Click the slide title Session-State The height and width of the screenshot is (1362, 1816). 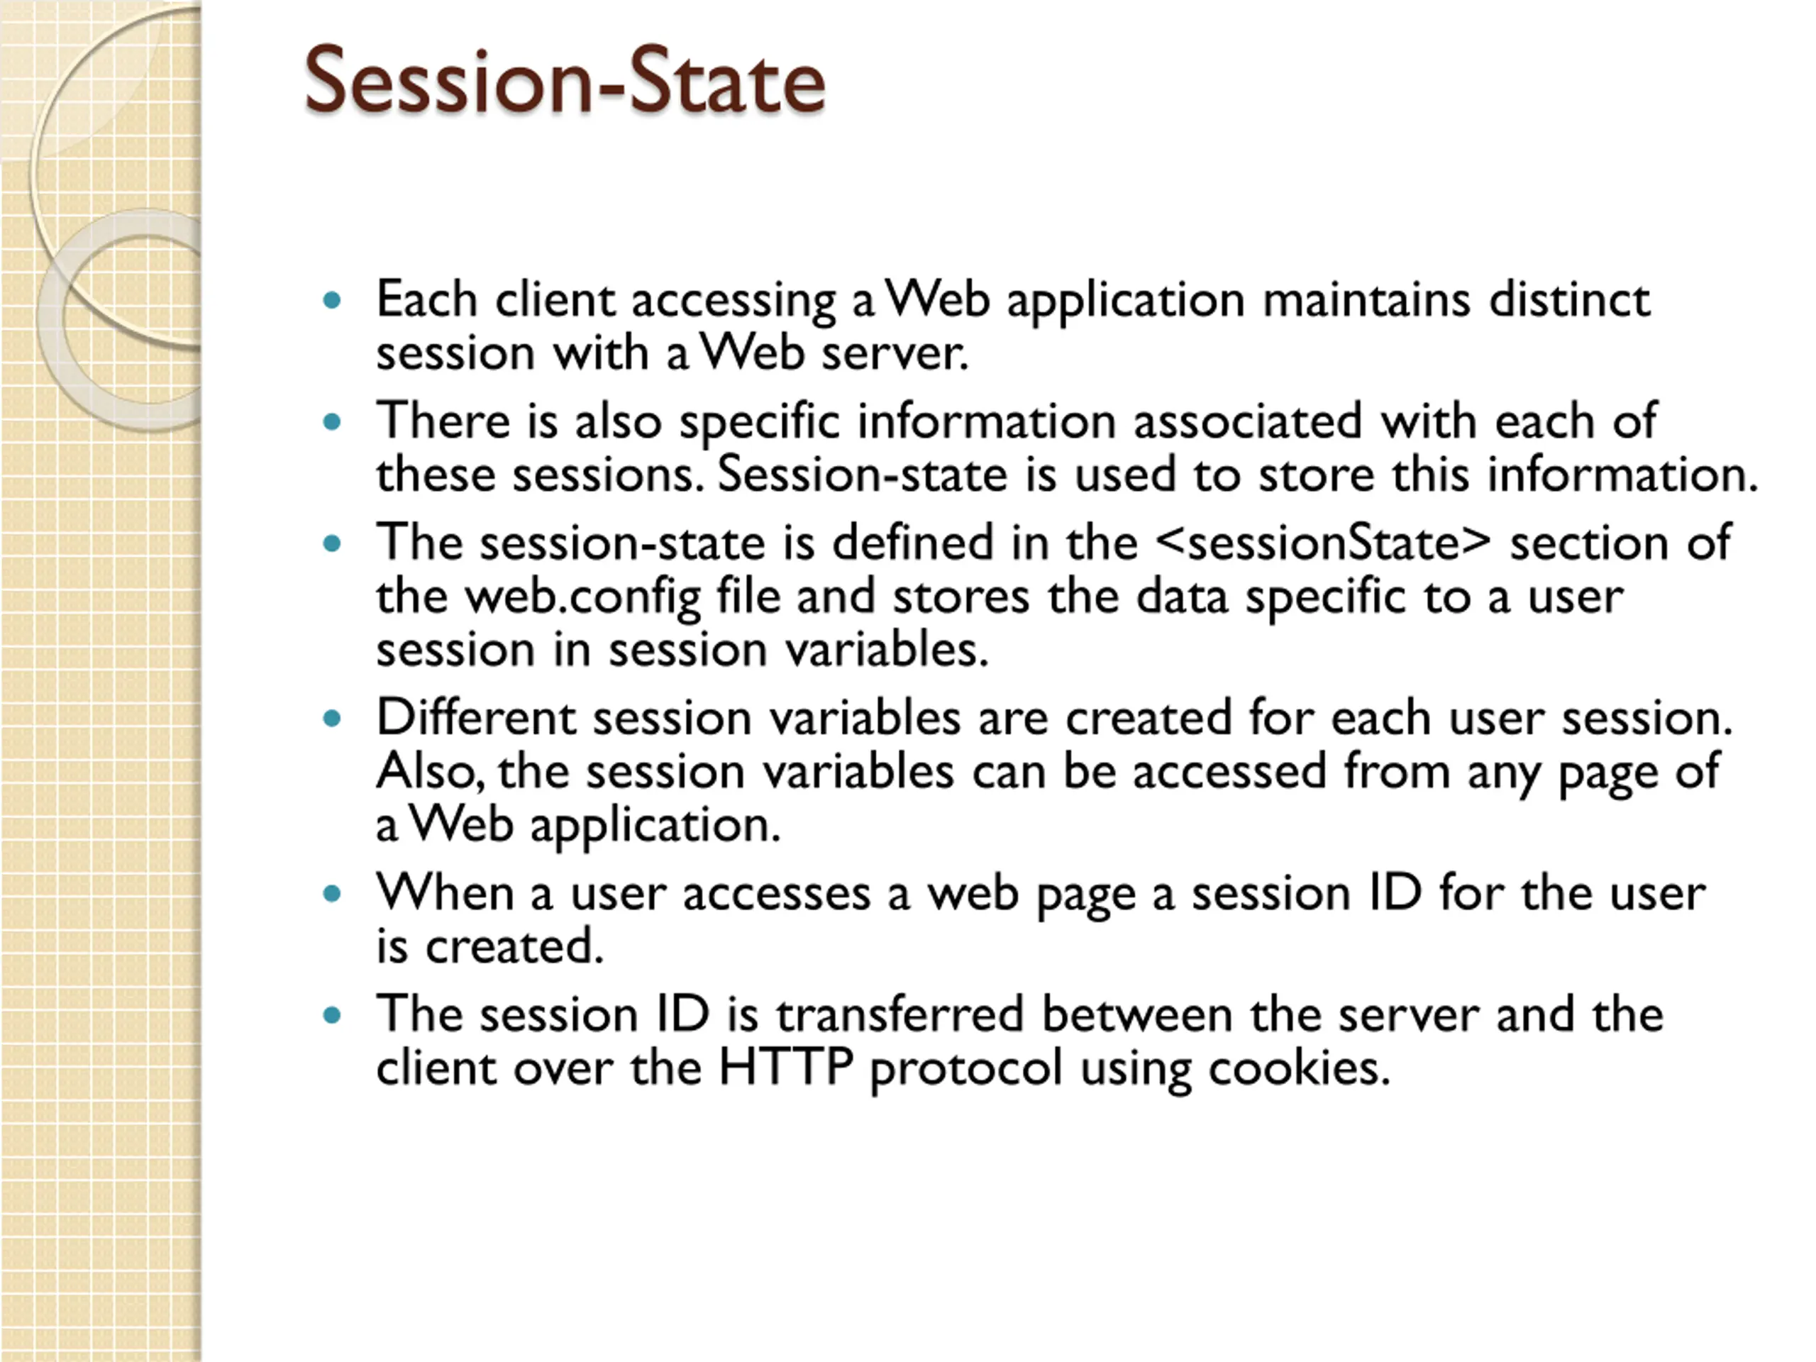565,79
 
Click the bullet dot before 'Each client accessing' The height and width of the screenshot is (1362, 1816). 332,301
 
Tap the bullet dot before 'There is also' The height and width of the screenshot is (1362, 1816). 332,423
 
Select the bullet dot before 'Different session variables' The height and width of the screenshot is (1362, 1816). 332,719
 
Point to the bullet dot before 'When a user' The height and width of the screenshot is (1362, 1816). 332,894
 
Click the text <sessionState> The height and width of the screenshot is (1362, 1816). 1322,543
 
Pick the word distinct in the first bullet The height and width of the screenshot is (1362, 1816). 1569,299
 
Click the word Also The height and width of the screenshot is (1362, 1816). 428,773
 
